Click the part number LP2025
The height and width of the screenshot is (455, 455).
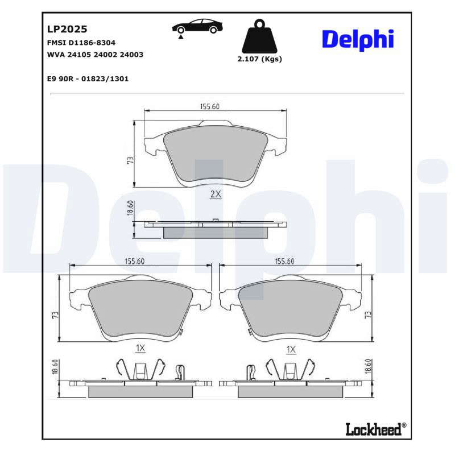coord(67,29)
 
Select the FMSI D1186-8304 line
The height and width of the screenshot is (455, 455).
coord(81,43)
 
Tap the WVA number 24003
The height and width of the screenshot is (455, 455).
coord(131,55)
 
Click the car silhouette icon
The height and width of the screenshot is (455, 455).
coord(197,26)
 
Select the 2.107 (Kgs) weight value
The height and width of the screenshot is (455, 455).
coord(260,59)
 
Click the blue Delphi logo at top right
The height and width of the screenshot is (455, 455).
coord(358,40)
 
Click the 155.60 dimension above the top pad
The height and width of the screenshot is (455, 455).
coord(210,106)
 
